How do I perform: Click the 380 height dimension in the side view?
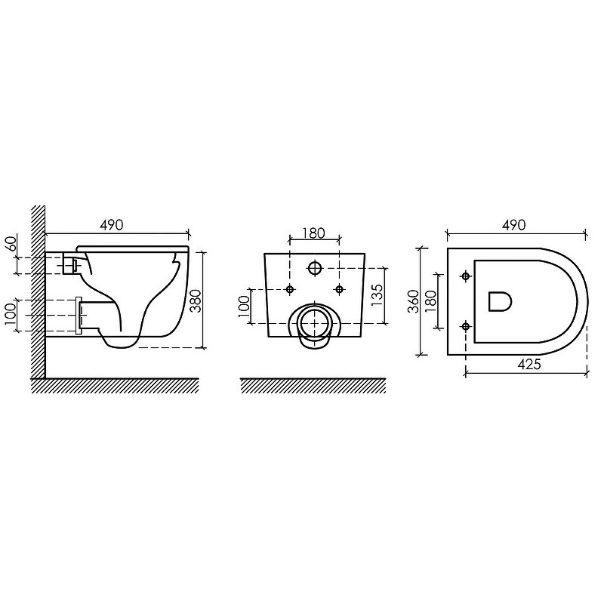[x=196, y=300]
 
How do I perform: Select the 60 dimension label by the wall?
[x=11, y=243]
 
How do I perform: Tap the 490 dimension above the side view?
[x=111, y=225]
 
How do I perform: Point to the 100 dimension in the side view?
[x=11, y=314]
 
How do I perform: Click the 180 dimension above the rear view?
[x=313, y=233]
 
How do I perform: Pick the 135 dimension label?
[x=377, y=294]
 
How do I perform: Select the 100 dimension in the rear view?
[x=244, y=307]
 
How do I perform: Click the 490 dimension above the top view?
[x=513, y=225]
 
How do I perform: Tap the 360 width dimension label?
[x=413, y=301]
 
